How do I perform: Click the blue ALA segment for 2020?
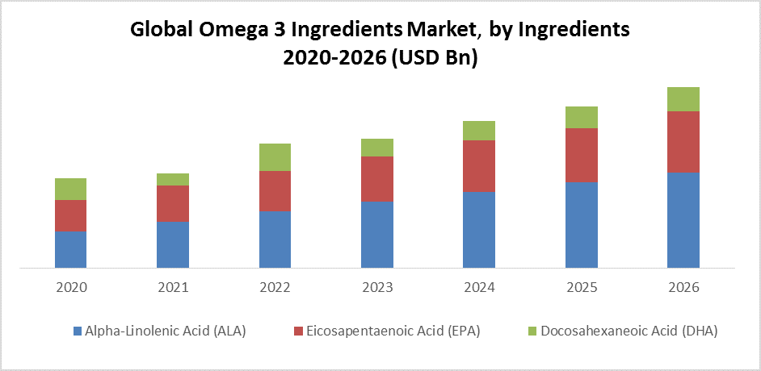coord(70,249)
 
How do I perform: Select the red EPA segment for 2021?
coord(173,203)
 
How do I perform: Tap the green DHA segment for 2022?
coord(275,157)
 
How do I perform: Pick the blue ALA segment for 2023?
coord(376,234)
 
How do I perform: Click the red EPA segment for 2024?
coord(478,166)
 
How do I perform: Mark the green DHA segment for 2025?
coord(581,118)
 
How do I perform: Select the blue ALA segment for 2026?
coord(683,219)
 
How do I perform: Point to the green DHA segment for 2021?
coord(173,179)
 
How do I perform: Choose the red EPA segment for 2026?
coord(683,142)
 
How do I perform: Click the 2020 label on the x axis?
coord(70,288)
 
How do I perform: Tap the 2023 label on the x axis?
coord(376,288)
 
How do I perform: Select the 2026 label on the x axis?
coord(683,288)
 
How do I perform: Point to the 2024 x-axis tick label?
coord(478,288)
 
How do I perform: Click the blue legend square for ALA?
coord(78,331)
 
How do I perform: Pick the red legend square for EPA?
coord(298,331)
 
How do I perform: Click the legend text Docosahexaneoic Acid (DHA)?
coord(629,331)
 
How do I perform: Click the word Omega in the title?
coord(231,30)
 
